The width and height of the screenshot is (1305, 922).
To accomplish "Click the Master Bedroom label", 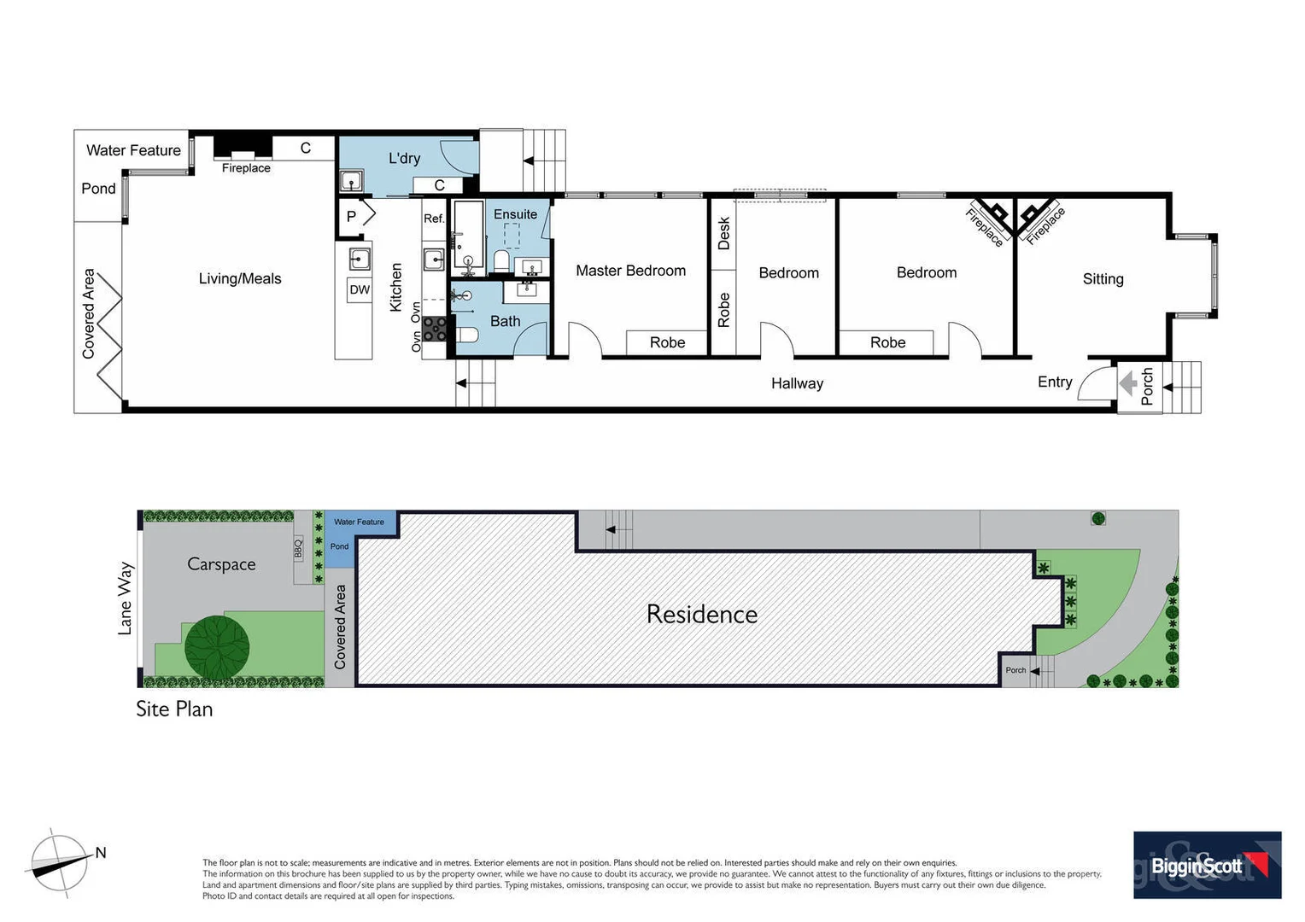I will click(x=630, y=271).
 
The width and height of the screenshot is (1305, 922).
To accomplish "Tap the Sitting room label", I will click(x=1103, y=279).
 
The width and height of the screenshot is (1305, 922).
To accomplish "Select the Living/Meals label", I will click(x=240, y=278).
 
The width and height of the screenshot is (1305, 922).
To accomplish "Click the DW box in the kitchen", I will click(x=360, y=289).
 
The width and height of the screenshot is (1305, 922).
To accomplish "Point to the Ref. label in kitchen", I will click(x=434, y=219).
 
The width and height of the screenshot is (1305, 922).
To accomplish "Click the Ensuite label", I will click(x=515, y=214).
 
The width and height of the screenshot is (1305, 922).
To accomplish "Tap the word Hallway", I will click(x=797, y=383).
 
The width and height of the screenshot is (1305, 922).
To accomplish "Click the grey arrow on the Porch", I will click(x=1127, y=384).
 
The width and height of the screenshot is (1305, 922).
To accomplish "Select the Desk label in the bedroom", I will click(x=724, y=233).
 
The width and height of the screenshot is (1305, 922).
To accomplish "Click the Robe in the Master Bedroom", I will click(x=667, y=342).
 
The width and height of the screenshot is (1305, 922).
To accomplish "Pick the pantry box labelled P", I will click(x=351, y=217).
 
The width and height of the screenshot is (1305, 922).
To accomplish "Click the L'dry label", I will click(x=404, y=158).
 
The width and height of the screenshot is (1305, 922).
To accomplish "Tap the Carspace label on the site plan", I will click(x=221, y=564).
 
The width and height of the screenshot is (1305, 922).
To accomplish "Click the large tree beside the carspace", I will click(x=217, y=646).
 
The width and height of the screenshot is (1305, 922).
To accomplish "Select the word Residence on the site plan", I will click(x=701, y=614).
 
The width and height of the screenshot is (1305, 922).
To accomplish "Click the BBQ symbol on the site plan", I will click(x=298, y=548).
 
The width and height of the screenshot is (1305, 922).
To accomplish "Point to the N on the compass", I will click(x=101, y=852).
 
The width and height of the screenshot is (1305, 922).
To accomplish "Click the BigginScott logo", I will click(x=1207, y=865).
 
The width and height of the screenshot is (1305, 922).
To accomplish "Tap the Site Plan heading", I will click(x=174, y=709).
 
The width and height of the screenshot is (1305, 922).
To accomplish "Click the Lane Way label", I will click(x=126, y=598).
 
